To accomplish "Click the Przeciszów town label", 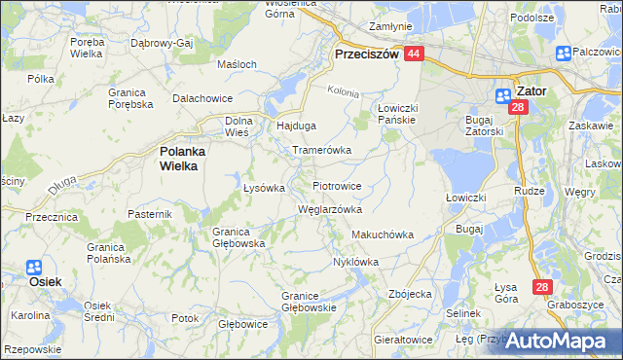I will [367, 55].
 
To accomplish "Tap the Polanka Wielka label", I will [178, 159].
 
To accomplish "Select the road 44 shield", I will [414, 54].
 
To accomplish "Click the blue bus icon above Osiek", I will [33, 267].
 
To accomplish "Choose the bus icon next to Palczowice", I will [563, 54].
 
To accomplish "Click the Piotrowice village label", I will [337, 185].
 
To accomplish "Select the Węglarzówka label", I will [329, 209].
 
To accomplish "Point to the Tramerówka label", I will [322, 151].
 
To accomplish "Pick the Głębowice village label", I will [242, 323].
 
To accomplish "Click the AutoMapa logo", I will [556, 341].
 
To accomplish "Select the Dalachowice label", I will [202, 98].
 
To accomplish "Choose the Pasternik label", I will [150, 212].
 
